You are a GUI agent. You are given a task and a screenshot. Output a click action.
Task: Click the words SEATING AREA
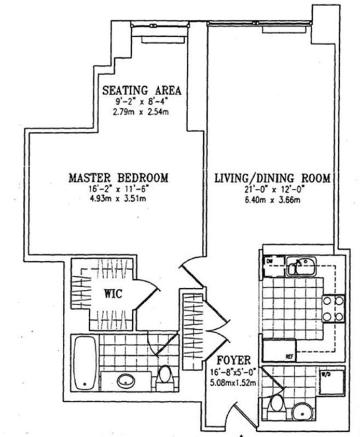(x=142, y=90)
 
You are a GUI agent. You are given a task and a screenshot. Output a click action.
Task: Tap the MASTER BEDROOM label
(x=119, y=178)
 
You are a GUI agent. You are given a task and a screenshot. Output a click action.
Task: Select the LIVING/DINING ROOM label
(x=273, y=178)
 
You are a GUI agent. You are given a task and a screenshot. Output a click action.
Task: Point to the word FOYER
(x=234, y=360)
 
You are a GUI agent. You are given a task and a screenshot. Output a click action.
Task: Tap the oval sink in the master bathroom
(x=126, y=382)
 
